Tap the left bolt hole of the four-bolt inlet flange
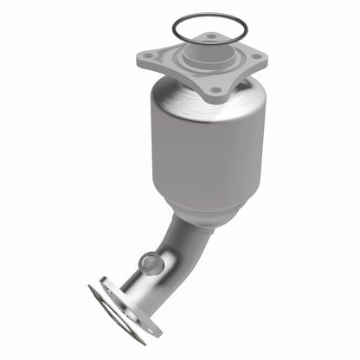point(148,56)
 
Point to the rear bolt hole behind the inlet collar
point(210,37)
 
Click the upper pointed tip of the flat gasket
point(91,288)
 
